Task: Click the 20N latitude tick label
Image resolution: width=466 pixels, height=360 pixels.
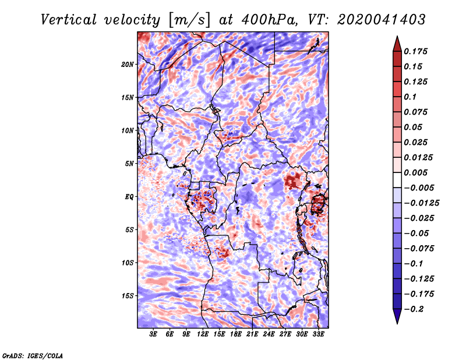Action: click(128, 65)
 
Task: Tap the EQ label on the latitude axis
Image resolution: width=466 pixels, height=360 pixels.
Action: click(129, 197)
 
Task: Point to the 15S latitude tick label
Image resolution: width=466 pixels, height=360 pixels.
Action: click(128, 296)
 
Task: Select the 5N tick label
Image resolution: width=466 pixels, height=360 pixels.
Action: click(129, 164)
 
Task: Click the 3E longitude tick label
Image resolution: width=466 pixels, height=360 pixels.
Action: click(153, 334)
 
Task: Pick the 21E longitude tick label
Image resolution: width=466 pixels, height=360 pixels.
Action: click(252, 334)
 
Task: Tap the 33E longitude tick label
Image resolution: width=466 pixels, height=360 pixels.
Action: click(318, 334)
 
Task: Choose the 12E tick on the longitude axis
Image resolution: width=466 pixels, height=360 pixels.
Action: click(202, 334)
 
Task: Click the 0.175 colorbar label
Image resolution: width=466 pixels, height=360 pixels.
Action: click(415, 51)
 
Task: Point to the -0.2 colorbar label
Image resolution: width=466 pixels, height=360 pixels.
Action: click(414, 309)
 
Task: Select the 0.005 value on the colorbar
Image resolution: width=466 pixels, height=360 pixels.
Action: click(415, 172)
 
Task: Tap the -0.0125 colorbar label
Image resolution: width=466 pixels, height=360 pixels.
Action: click(421, 203)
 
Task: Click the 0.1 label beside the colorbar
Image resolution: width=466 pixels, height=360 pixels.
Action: click(410, 97)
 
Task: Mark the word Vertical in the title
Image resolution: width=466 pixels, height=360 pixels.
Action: click(69, 20)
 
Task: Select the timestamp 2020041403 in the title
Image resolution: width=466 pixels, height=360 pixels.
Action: click(382, 20)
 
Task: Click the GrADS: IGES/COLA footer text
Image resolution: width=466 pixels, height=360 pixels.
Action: click(33, 356)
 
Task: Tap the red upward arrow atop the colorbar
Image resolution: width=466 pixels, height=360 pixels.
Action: click(397, 44)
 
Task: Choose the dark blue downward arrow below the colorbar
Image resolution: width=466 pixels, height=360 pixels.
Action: click(397, 316)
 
